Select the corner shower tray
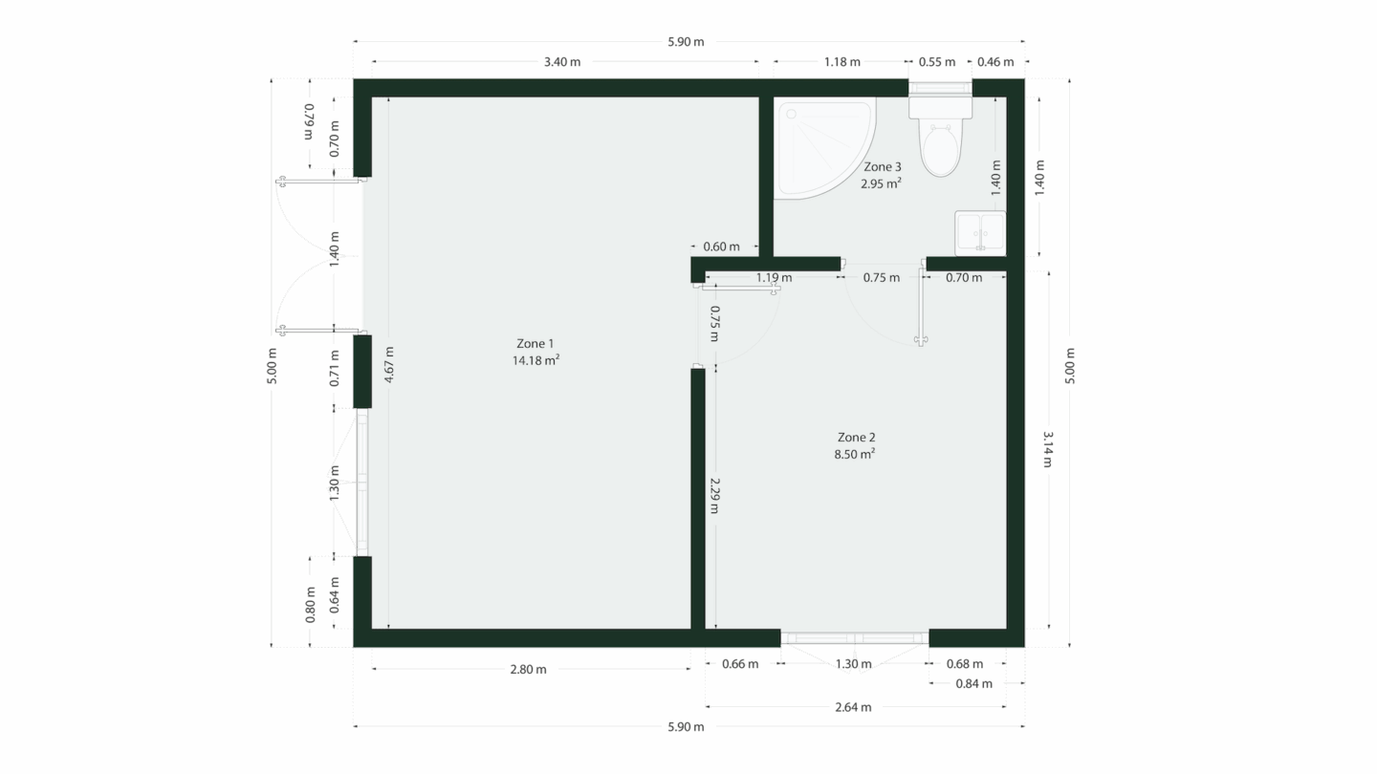pos(820,146)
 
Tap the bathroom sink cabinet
pos(980,233)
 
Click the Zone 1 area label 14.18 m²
pos(536,360)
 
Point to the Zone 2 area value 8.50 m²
pos(855,454)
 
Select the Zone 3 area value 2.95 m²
pos(881,183)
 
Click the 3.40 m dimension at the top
pos(562,61)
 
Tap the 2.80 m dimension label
pos(528,669)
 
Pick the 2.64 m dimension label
pos(853,707)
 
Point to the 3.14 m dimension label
pos(1048,449)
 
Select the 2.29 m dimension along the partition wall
pos(714,496)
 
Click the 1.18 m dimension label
pos(842,61)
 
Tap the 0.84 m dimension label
pos(973,684)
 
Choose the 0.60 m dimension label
pos(722,247)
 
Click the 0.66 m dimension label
pos(740,663)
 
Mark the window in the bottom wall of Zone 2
pos(855,638)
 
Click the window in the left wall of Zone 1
pos(362,483)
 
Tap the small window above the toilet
pos(940,88)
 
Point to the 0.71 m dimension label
pos(335,368)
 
